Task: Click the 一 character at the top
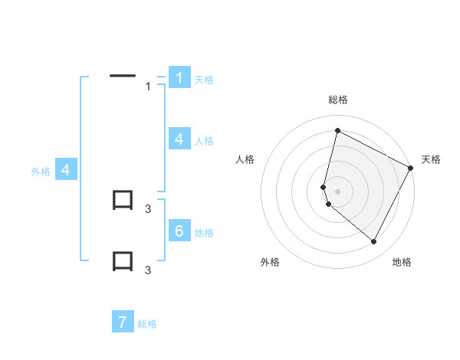(123, 75)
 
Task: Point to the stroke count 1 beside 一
(148, 87)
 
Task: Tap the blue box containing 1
(179, 78)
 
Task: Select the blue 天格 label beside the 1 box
(204, 79)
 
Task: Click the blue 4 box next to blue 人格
(179, 139)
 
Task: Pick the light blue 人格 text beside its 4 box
(204, 141)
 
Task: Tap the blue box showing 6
(179, 231)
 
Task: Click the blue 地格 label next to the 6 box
(204, 233)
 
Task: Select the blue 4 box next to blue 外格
(66, 170)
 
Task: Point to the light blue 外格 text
(41, 172)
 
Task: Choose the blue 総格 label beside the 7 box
(147, 324)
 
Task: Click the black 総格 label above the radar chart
(338, 100)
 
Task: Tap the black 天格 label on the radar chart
(431, 159)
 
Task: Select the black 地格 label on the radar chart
(402, 262)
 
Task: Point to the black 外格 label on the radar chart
(270, 262)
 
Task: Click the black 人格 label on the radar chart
(245, 159)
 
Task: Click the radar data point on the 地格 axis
(374, 241)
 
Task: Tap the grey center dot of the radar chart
(338, 191)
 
